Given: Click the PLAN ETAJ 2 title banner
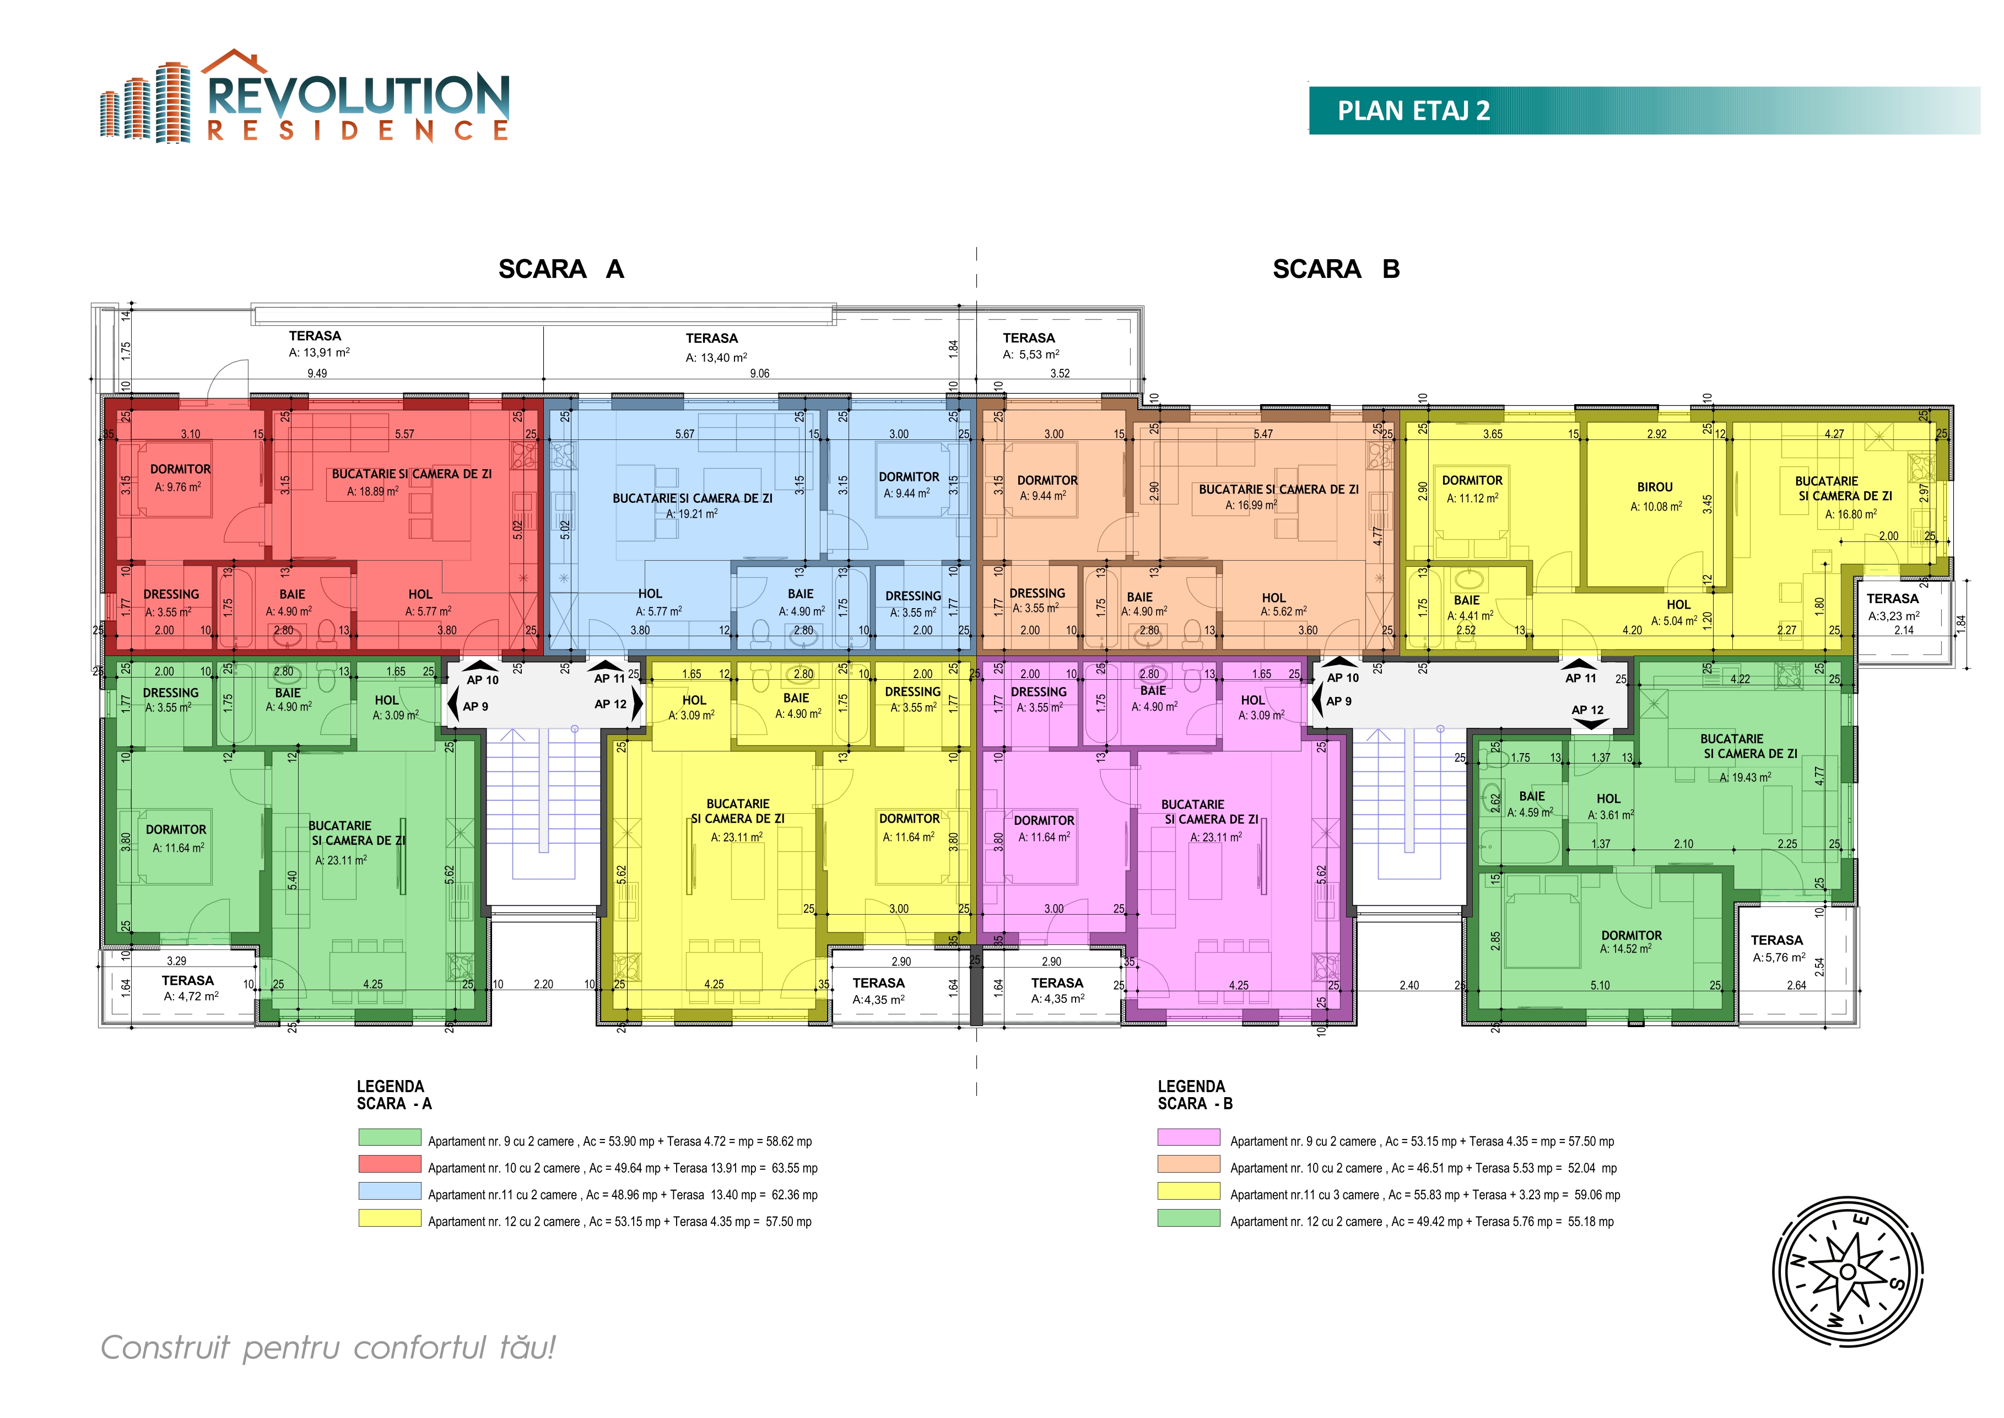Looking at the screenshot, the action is (1644, 110).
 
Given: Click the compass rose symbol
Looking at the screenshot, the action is (1848, 1271).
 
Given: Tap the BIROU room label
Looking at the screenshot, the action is (1655, 487).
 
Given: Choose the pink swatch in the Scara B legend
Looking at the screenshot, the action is (1189, 1137).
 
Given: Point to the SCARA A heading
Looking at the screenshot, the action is (561, 269).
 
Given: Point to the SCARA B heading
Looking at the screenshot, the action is (1336, 269).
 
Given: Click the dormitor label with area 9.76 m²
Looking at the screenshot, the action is (180, 477).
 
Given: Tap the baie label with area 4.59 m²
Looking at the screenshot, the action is (1531, 804).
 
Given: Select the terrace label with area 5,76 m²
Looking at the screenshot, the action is (1778, 948).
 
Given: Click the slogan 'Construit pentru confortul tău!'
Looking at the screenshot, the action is (328, 1347).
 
